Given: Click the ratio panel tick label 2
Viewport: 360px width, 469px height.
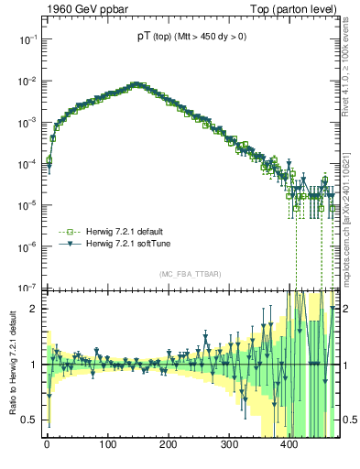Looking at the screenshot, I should point(33,309).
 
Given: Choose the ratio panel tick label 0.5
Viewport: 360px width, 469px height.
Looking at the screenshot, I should point(28,420).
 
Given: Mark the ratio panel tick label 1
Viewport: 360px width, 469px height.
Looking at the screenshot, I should point(33,365).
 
